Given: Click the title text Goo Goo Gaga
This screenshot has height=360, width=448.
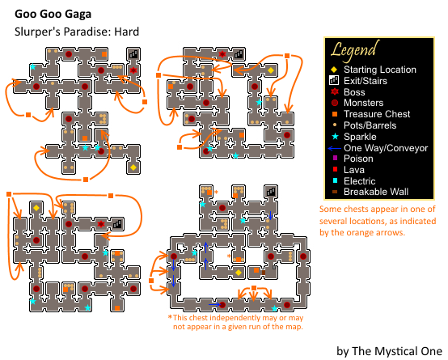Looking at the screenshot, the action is click(53, 15).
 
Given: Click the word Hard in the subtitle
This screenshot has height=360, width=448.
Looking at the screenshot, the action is click(127, 32).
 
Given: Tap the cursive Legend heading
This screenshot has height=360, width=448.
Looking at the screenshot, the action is click(355, 51).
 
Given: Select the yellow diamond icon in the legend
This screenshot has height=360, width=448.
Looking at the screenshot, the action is click(334, 70).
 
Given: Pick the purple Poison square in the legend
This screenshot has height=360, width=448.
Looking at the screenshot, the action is click(335, 158).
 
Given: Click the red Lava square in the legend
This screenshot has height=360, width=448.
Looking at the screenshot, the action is click(335, 169).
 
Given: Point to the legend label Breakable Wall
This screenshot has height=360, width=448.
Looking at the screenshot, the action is click(376, 192).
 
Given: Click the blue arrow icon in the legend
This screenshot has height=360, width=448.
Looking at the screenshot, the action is click(335, 148).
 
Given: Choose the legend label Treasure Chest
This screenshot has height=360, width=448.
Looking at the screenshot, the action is click(377, 114).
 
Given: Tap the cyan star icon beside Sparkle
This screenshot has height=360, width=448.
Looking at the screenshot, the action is click(335, 137).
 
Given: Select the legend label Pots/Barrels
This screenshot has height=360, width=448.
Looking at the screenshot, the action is click(370, 125).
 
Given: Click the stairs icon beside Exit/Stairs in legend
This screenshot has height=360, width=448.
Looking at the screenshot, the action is click(334, 80).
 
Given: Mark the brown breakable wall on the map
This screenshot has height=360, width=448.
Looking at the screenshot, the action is click(264, 273).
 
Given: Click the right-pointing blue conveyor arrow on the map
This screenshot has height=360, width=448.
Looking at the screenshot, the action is click(214, 304).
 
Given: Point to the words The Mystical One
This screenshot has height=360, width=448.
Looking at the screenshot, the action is click(397, 351).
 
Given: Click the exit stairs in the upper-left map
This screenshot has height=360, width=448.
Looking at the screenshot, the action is click(133, 54).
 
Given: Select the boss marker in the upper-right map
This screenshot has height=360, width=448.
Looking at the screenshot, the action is click(222, 54).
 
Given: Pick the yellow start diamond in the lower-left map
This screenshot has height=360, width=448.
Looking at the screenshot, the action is click(36, 208).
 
